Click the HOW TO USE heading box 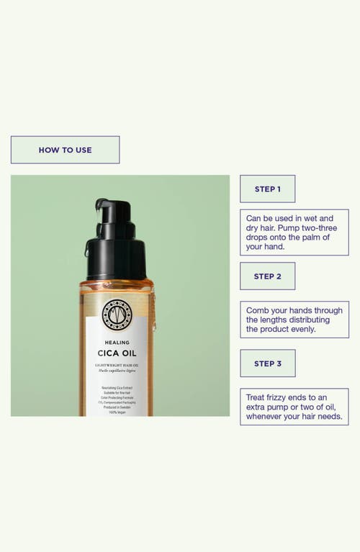[65, 150]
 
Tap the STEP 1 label [267, 189]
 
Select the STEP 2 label [267, 276]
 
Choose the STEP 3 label [267, 363]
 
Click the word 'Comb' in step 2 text [258, 310]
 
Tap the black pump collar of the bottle [116, 259]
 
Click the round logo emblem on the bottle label [117, 315]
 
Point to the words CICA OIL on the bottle [117, 353]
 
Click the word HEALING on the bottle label [117, 342]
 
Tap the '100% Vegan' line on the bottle [117, 412]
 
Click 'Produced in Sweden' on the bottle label [117, 407]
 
